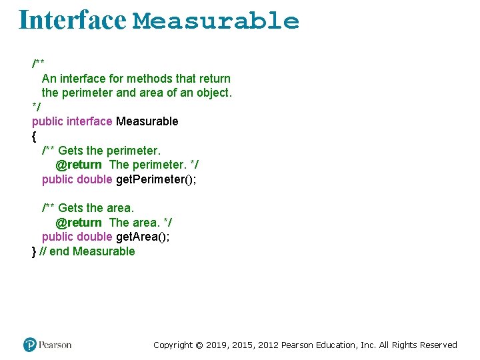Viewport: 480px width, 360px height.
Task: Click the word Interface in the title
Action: tap(72, 20)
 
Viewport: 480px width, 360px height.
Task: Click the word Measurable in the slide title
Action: tap(216, 21)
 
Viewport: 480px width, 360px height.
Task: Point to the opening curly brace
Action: tap(34, 136)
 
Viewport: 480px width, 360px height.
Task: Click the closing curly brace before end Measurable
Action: tap(34, 251)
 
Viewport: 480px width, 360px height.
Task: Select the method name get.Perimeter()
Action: tap(156, 179)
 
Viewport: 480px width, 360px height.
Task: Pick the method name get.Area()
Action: tap(143, 237)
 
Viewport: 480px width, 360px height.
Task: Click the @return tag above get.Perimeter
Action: tap(79, 165)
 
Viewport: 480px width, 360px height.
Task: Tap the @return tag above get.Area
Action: tap(79, 223)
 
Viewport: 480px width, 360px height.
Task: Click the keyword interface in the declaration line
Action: tap(90, 121)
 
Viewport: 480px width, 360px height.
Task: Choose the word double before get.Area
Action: tap(95, 237)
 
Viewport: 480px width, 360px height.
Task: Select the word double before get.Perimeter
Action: tap(95, 179)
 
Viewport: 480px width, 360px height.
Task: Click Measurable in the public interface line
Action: tap(147, 121)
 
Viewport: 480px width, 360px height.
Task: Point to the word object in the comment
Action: tap(213, 93)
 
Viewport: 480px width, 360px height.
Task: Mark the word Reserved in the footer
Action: tap(438, 345)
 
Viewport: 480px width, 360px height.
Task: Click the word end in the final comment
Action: tap(59, 251)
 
